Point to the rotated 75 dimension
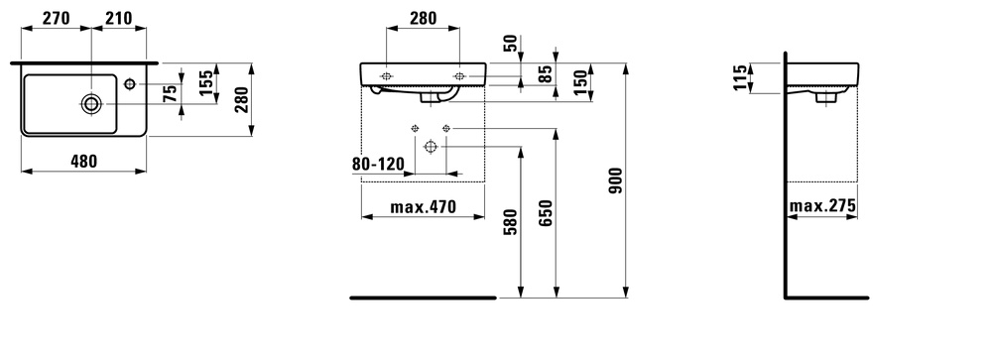pos(171,94)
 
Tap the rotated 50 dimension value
pos(511,43)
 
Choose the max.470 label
pos(422,207)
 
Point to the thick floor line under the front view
pos(423,296)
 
